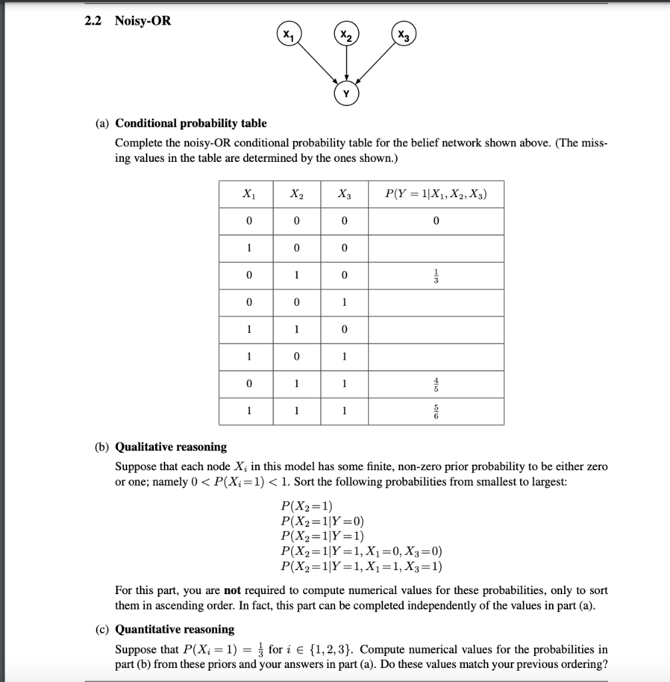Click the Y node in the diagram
(x=345, y=94)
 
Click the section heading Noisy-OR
(x=143, y=21)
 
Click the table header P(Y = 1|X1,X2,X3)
(x=436, y=194)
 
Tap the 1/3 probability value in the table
(x=436, y=275)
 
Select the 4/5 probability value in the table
(x=436, y=384)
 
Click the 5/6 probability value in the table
(x=436, y=412)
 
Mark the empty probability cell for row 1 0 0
(x=436, y=248)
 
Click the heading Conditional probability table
(x=190, y=123)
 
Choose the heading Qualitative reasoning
(x=170, y=446)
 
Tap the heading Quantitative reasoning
(x=174, y=629)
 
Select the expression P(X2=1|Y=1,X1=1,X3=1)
(x=362, y=567)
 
